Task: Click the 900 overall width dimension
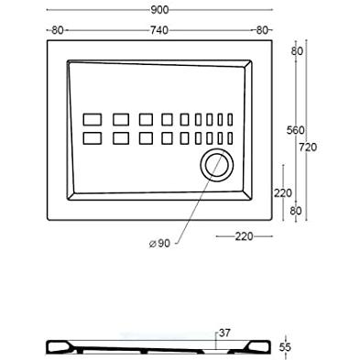(x=159, y=10)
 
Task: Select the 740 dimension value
(x=159, y=30)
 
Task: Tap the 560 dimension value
(x=295, y=130)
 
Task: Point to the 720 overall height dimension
(x=308, y=147)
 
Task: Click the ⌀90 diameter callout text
(x=159, y=244)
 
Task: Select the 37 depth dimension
(x=224, y=333)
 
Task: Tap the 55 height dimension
(x=285, y=347)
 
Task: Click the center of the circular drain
(x=217, y=165)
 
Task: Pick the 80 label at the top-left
(x=58, y=30)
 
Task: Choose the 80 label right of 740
(x=262, y=30)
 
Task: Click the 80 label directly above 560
(x=297, y=51)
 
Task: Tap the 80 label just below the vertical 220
(x=295, y=211)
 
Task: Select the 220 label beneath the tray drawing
(x=244, y=236)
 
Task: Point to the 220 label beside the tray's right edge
(x=283, y=193)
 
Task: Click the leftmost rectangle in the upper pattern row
(x=93, y=119)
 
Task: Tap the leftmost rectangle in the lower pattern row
(x=93, y=138)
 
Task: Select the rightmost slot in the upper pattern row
(x=230, y=119)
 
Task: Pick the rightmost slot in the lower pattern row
(x=230, y=138)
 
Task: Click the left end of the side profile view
(x=47, y=347)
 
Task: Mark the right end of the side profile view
(x=272, y=347)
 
